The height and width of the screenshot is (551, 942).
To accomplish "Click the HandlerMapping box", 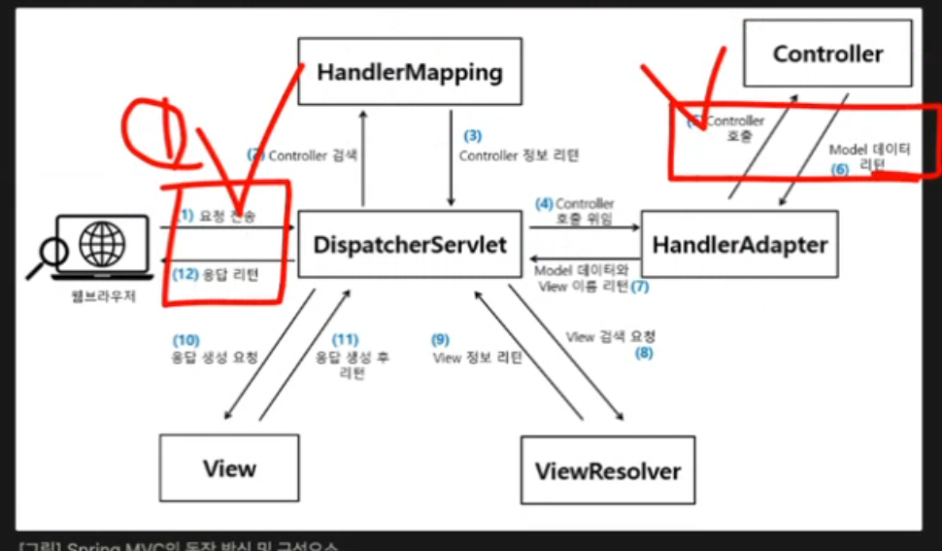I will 409,71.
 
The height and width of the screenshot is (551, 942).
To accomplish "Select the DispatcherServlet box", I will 410,244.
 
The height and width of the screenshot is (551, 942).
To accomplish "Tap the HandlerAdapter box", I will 739,245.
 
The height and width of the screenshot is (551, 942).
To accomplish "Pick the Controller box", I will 827,53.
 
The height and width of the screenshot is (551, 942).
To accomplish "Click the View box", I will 229,468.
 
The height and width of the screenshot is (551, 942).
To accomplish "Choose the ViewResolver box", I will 608,471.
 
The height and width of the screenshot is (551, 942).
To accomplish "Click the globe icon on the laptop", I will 102,239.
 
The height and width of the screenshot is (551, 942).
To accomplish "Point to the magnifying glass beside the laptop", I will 49,255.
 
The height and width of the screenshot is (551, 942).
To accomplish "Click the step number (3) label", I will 472,136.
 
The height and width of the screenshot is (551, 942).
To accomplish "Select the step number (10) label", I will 186,340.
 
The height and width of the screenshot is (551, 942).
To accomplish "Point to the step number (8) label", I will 644,353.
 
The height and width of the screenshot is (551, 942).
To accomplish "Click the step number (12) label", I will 186,274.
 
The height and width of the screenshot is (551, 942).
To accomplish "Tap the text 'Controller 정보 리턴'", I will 519,155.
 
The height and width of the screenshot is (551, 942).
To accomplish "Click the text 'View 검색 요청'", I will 611,336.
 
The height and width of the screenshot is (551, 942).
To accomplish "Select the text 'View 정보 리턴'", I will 478,357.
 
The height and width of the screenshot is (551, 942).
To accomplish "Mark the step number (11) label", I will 345,340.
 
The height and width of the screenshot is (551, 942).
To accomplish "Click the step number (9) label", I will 441,340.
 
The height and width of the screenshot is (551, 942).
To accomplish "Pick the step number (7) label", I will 639,287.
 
